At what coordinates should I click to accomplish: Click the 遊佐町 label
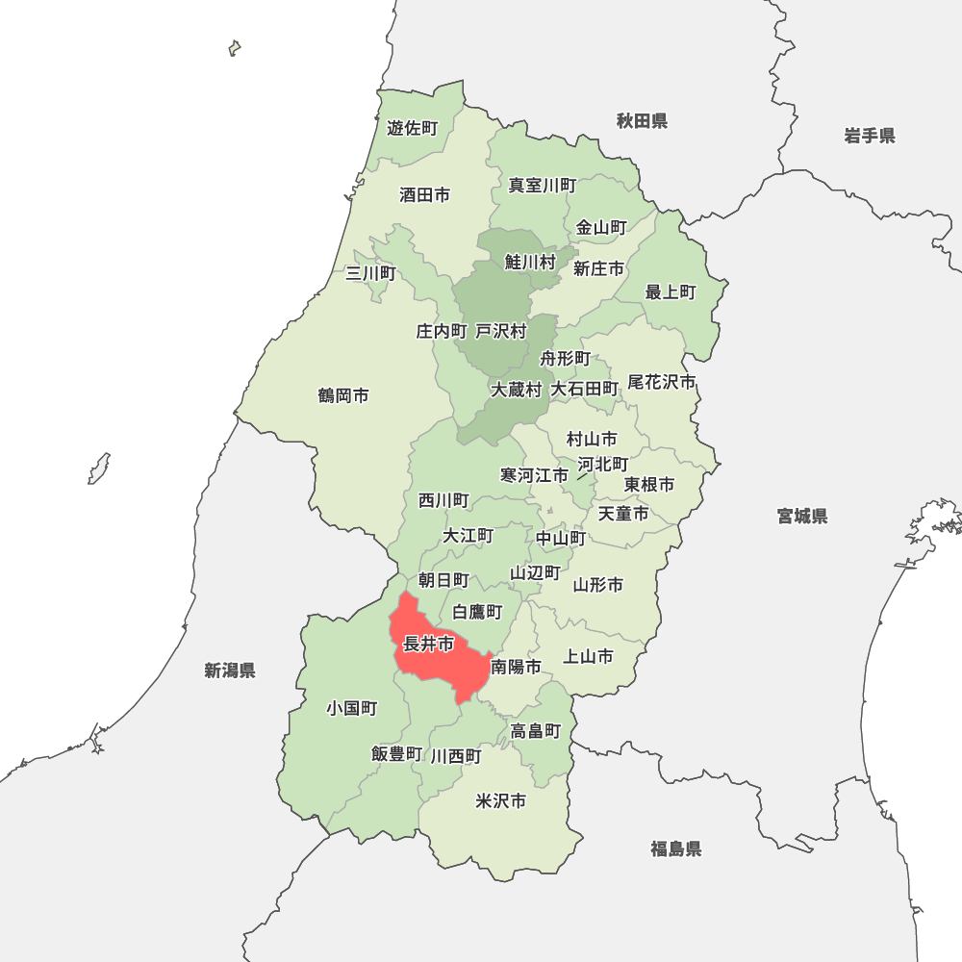412,128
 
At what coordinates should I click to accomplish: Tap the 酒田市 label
424,195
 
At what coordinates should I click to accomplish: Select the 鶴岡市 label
343,395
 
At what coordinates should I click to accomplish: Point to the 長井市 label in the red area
428,645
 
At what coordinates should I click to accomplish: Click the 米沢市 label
501,800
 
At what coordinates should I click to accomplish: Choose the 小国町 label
351,708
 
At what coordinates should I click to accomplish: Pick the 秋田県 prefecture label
642,121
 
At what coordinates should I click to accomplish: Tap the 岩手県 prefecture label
870,136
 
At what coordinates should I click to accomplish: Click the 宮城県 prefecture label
802,517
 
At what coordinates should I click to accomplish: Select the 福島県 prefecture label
675,848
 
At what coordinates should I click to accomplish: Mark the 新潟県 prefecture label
230,671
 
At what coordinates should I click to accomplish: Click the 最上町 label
671,291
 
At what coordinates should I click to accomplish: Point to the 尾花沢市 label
661,382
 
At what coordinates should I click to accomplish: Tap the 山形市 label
598,584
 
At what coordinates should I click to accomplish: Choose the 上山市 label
588,657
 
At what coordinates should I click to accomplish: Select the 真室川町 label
543,185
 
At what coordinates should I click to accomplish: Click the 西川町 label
443,500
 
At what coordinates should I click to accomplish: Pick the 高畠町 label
536,731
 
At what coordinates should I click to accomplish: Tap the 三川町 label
370,273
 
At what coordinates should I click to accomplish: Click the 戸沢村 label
501,331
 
